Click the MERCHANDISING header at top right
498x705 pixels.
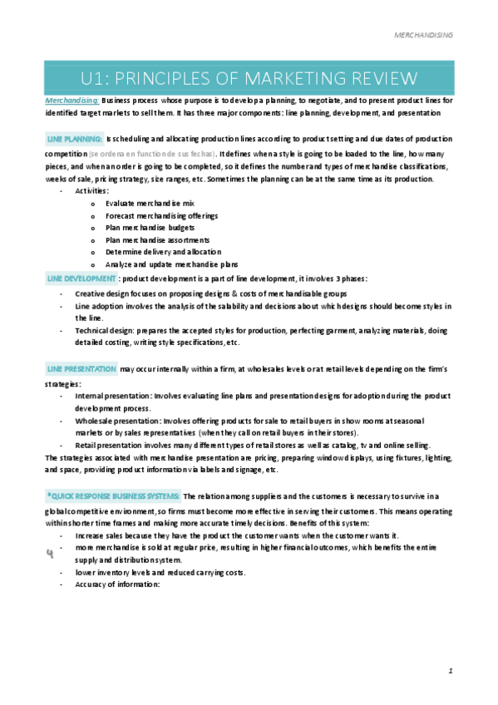[423, 36]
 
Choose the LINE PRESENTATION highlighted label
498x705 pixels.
[82, 367]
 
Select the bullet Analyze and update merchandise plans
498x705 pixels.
[165, 264]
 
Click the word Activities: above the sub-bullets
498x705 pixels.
[91, 190]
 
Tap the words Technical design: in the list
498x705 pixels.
[104, 331]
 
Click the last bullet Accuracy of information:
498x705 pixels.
[116, 584]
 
